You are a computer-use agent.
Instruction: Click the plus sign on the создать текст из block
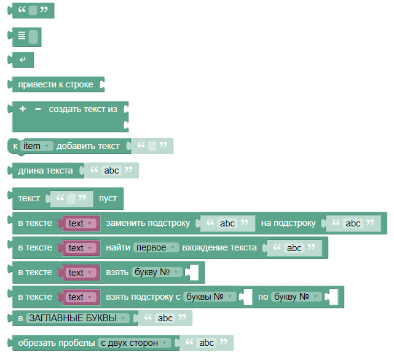click(x=23, y=109)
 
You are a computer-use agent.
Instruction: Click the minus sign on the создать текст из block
click(x=38, y=109)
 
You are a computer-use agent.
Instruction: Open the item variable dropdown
click(x=37, y=146)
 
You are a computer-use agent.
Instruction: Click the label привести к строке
click(x=55, y=84)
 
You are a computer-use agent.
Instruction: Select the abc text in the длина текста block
click(x=111, y=170)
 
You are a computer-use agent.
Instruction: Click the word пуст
click(x=108, y=199)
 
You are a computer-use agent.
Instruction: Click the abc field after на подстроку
click(x=353, y=223)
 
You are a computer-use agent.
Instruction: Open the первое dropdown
click(x=156, y=248)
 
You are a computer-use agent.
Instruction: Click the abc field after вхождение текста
click(x=294, y=248)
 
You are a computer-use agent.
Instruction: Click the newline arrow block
click(x=23, y=60)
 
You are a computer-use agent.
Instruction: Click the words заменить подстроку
click(x=148, y=223)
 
